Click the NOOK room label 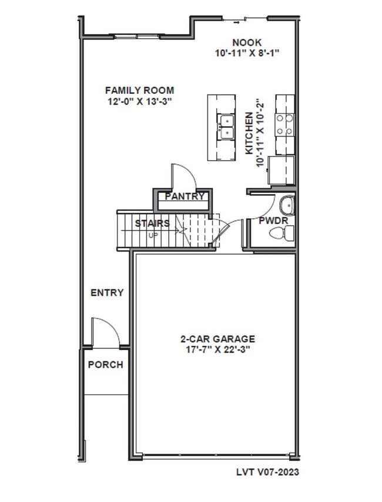point(246,42)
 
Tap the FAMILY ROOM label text point(139,90)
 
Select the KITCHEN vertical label point(249,134)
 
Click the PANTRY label point(184,196)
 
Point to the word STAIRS point(152,223)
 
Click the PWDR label point(272,221)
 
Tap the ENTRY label point(106,293)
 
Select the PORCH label point(106,365)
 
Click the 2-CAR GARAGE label point(217,339)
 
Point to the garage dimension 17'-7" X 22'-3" point(217,350)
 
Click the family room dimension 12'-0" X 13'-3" point(139,101)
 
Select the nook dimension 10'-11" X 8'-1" point(246,53)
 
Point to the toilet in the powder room point(280,233)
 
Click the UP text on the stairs point(153,235)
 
